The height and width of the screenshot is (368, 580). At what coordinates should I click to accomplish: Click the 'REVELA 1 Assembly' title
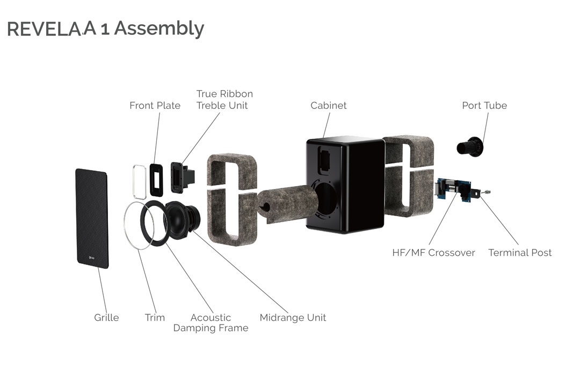click(x=105, y=28)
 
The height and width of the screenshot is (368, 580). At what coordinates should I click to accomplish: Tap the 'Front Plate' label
click(x=155, y=105)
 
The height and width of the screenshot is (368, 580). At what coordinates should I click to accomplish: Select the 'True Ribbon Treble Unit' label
click(x=224, y=100)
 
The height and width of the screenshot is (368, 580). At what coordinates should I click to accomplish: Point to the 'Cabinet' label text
click(x=328, y=105)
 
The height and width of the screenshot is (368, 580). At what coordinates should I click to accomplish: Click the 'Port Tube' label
click(x=484, y=105)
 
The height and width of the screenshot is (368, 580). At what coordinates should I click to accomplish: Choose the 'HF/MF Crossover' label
click(x=433, y=253)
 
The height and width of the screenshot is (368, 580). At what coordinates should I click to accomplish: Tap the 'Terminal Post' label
click(x=519, y=253)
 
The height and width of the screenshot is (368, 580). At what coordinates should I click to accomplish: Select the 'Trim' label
click(x=155, y=318)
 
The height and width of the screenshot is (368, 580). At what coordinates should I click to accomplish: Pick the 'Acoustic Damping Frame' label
click(x=211, y=322)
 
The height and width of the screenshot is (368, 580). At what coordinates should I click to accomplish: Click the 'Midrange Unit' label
click(x=293, y=318)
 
